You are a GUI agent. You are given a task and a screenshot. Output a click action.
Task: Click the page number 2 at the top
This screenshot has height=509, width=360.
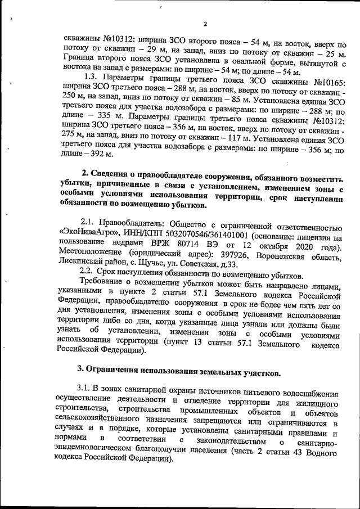click(205, 24)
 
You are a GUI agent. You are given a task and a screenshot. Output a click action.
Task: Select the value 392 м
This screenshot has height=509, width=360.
click(97, 154)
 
